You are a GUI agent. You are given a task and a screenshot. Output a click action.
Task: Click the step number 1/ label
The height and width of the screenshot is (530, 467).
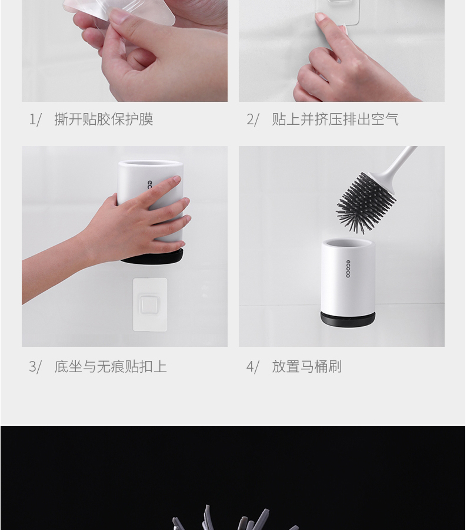coord(35,120)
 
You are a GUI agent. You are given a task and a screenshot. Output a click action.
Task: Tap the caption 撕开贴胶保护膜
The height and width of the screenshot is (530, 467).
coord(104,120)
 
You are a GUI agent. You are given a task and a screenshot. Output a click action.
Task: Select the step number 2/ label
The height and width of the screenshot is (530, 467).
coord(252,120)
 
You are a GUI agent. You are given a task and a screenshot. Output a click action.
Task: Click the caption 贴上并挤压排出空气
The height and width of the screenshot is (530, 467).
coord(335,120)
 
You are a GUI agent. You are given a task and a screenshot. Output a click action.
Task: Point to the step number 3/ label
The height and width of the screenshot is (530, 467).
coord(35,367)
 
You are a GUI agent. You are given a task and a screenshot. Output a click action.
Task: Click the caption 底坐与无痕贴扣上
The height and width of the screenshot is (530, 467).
coord(111,367)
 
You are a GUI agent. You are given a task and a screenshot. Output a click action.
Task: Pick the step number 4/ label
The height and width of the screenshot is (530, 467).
coord(252,367)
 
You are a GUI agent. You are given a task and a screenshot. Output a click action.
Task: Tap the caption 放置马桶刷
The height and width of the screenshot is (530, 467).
coord(307,367)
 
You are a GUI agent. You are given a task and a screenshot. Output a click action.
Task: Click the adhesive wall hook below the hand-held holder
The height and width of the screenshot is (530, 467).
coord(150,304)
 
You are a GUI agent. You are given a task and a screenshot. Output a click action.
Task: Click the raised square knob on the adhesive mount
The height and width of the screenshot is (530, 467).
coord(150,304)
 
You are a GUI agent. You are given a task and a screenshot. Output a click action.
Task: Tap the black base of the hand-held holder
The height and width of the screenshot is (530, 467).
coord(152,257)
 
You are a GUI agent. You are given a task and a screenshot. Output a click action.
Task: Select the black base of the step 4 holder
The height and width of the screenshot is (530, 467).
coord(348,319)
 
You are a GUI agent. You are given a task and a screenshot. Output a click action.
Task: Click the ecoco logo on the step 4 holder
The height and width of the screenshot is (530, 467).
coord(348,269)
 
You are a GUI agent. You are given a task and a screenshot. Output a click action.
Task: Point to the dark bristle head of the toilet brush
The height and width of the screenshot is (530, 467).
coord(365,202)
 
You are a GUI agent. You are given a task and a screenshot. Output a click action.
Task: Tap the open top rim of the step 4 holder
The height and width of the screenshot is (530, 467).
coord(348,244)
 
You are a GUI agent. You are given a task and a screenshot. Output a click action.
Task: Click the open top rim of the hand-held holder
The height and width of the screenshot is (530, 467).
coord(150,165)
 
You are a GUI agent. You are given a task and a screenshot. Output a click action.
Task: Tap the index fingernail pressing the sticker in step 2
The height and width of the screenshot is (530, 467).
coord(320,18)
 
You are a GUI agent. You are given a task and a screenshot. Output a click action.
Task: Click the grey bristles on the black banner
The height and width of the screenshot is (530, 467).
coord(233,518)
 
